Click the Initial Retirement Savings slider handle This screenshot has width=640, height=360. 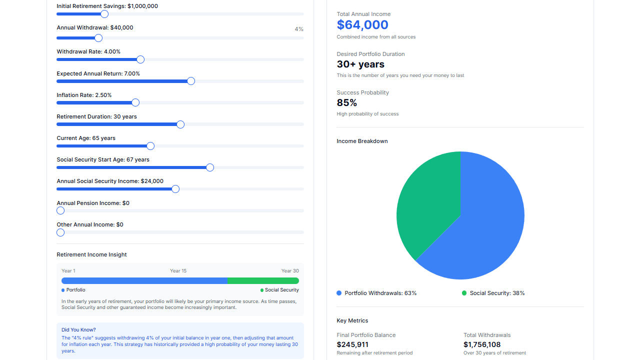104,14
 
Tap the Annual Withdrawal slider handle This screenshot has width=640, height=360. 98,38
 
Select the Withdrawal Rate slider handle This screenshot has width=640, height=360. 140,59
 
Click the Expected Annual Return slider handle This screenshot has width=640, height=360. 191,81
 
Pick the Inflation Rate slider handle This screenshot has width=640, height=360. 135,102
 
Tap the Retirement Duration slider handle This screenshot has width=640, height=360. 180,124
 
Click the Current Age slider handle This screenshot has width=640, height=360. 150,146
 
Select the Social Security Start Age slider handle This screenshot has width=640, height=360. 210,167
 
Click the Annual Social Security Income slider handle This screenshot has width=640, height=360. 175,189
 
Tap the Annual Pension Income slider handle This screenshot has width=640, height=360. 60,210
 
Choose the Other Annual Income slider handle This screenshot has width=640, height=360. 60,232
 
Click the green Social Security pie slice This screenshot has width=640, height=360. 427,200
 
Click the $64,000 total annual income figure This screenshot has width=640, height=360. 362,25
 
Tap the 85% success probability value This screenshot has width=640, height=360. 347,102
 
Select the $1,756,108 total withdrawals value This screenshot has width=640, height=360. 482,344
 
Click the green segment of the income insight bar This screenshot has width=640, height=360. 263,281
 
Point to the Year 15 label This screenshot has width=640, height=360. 178,271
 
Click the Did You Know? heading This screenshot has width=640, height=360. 78,330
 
